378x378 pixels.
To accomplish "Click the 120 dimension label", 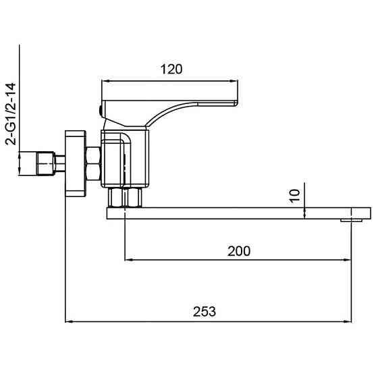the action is [x=171, y=70].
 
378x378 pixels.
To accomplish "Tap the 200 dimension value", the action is [x=239, y=251].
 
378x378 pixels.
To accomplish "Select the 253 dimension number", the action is [x=205, y=311].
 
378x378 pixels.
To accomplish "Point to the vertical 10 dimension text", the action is [x=295, y=196].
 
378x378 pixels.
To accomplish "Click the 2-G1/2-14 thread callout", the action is [x=11, y=114].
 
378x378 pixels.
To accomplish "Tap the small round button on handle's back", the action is [x=101, y=110].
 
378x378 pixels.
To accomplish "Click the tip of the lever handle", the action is [x=236, y=103].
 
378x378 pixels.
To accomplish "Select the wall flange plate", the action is [x=76, y=163].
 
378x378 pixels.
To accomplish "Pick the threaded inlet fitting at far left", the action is [x=46, y=163].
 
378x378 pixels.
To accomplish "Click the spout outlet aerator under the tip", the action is [x=351, y=220].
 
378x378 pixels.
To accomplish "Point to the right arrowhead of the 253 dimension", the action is [x=348, y=321].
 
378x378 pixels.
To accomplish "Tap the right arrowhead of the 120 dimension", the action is [x=234, y=81].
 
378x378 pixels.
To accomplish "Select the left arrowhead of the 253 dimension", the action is [x=70, y=321].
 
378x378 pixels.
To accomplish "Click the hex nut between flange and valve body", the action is [x=93, y=163].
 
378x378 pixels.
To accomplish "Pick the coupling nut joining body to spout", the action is [x=125, y=197].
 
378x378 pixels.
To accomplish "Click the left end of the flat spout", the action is [x=107, y=213].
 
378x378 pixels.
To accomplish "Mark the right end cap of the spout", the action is [x=361, y=213].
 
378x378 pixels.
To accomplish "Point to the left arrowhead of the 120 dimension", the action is [x=106, y=81].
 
